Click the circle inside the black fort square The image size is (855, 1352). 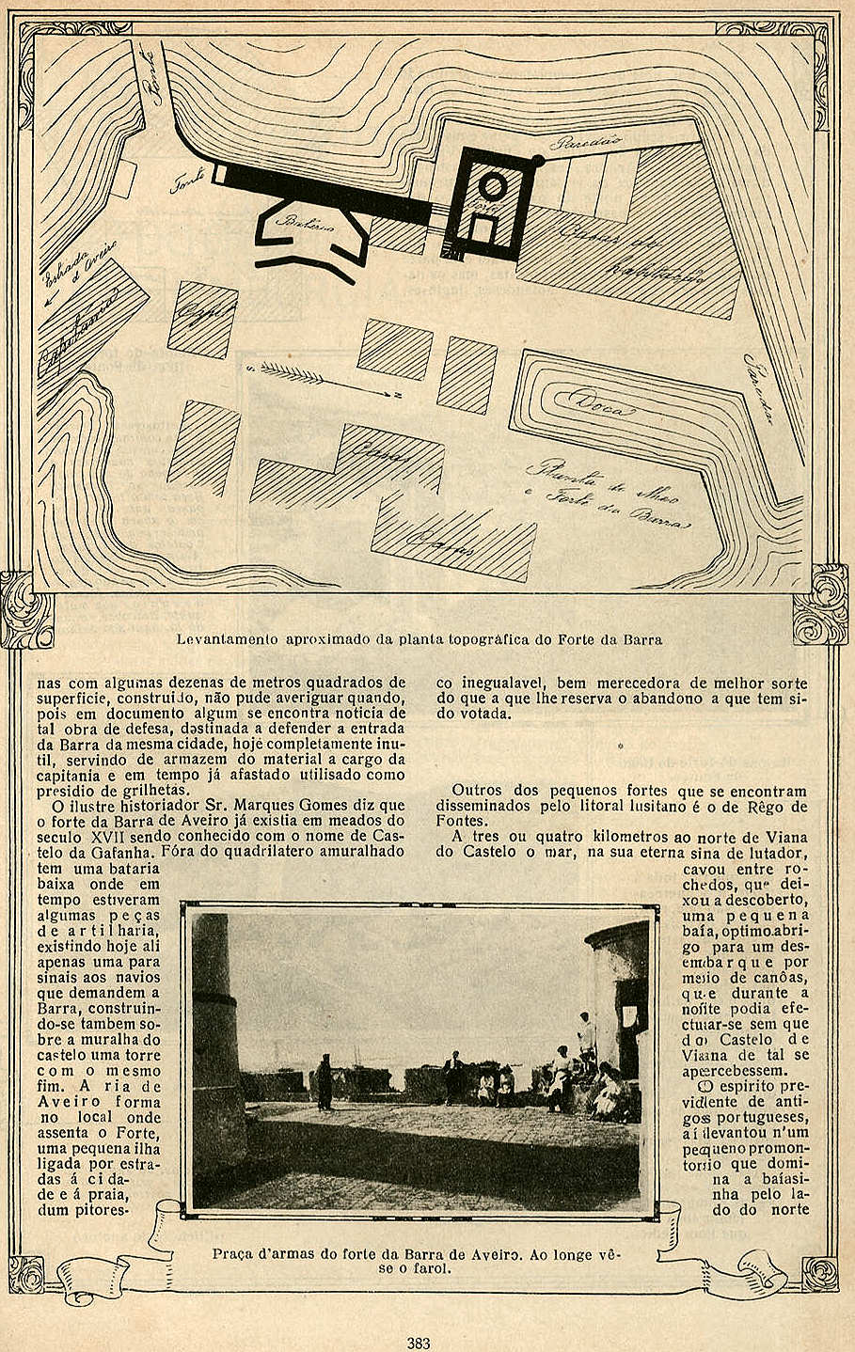[492, 184]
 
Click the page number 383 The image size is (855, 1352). [419, 1344]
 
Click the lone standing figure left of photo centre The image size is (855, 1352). [325, 1081]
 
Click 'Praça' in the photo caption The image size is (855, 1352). [231, 1253]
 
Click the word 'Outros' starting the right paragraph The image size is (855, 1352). [476, 791]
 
